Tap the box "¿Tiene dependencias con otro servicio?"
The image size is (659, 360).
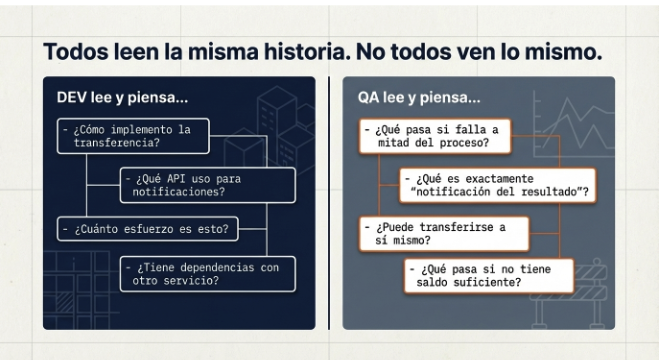tap(207, 273)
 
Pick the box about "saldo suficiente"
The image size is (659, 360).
tap(489, 276)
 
